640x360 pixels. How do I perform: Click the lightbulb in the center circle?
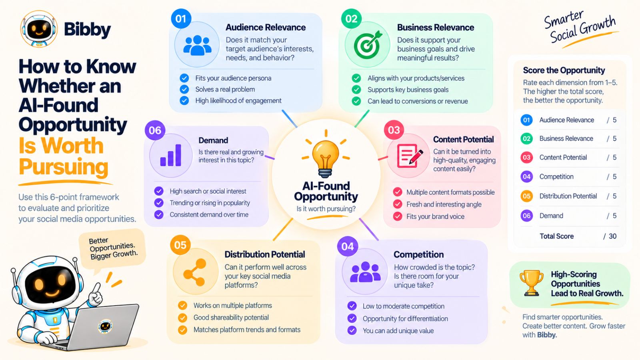tap(326, 158)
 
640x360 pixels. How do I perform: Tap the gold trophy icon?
tap(532, 283)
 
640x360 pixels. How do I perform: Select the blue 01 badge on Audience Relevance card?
tap(181, 18)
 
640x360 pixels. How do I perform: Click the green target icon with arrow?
tap(368, 44)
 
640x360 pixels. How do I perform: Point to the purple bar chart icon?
tap(171, 155)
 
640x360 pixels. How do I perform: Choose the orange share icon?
tap(194, 272)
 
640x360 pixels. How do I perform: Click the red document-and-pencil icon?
tap(410, 156)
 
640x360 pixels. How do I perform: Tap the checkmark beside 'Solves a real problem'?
tap(184, 90)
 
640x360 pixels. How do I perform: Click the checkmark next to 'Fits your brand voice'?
tap(398, 216)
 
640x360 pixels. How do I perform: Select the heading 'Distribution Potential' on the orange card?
tap(264, 254)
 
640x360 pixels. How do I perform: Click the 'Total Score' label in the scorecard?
tap(556, 236)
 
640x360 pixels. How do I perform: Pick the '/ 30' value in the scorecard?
tap(610, 236)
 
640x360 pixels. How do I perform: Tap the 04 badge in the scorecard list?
tap(526, 176)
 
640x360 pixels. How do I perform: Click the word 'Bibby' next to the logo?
tap(87, 30)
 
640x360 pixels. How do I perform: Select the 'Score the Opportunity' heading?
tap(564, 70)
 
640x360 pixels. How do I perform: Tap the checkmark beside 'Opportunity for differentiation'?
tap(352, 318)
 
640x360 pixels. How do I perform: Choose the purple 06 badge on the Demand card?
tap(155, 130)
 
